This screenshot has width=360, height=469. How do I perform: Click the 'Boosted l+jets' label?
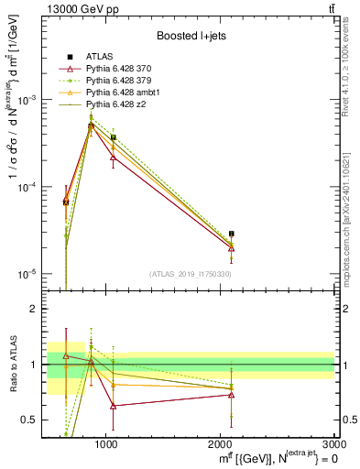191,36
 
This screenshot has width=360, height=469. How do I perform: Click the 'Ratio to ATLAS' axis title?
12,365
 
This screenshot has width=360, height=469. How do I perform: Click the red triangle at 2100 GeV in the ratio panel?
232,395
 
